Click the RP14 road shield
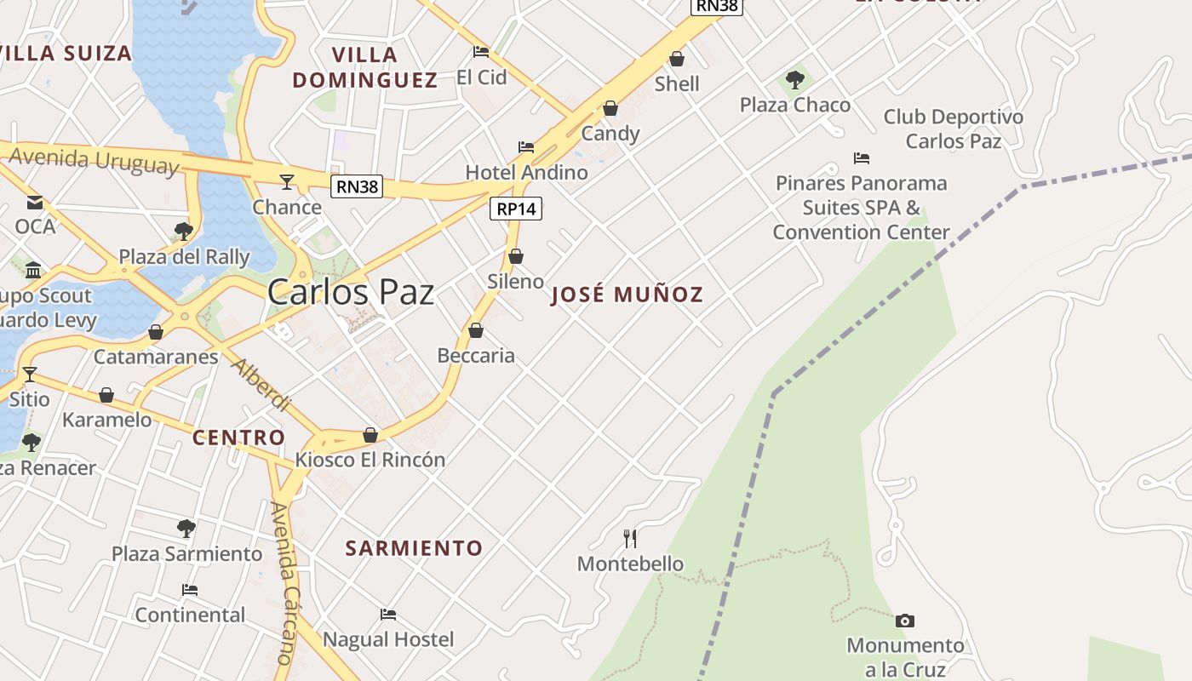tap(516, 209)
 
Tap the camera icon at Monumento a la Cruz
tap(905, 621)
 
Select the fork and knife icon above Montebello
tap(630, 538)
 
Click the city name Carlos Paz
tap(351, 292)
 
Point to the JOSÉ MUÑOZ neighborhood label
tap(627, 295)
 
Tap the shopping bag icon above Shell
tap(677, 59)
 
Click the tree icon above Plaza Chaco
tap(795, 80)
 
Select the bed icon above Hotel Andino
tap(526, 147)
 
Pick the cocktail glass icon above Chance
tap(287, 181)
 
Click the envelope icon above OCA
tap(35, 202)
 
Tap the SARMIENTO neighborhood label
tap(414, 548)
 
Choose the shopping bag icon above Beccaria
tap(476, 330)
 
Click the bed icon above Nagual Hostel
tap(388, 614)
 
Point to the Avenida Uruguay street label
tap(95, 160)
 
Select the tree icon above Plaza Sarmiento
tap(186, 529)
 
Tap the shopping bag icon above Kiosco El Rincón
tap(370, 435)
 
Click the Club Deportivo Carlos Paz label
tap(953, 129)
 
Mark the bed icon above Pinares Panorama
tap(862, 158)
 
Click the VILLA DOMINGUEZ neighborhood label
tap(364, 67)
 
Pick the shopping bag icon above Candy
tap(610, 108)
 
